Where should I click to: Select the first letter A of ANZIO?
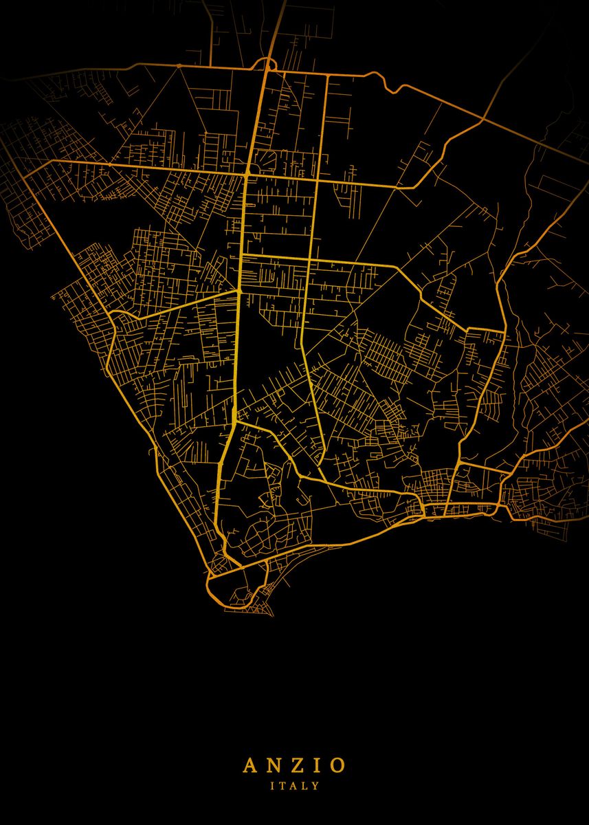(249, 764)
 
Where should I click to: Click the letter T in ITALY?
(282, 785)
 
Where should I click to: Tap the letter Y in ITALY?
(315, 785)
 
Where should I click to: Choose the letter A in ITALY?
(293, 785)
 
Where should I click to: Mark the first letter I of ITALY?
(273, 785)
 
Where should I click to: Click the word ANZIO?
(293, 764)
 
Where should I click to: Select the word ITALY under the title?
(294, 785)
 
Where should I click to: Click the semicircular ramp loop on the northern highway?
(265, 63)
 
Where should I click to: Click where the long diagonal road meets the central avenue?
(238, 291)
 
